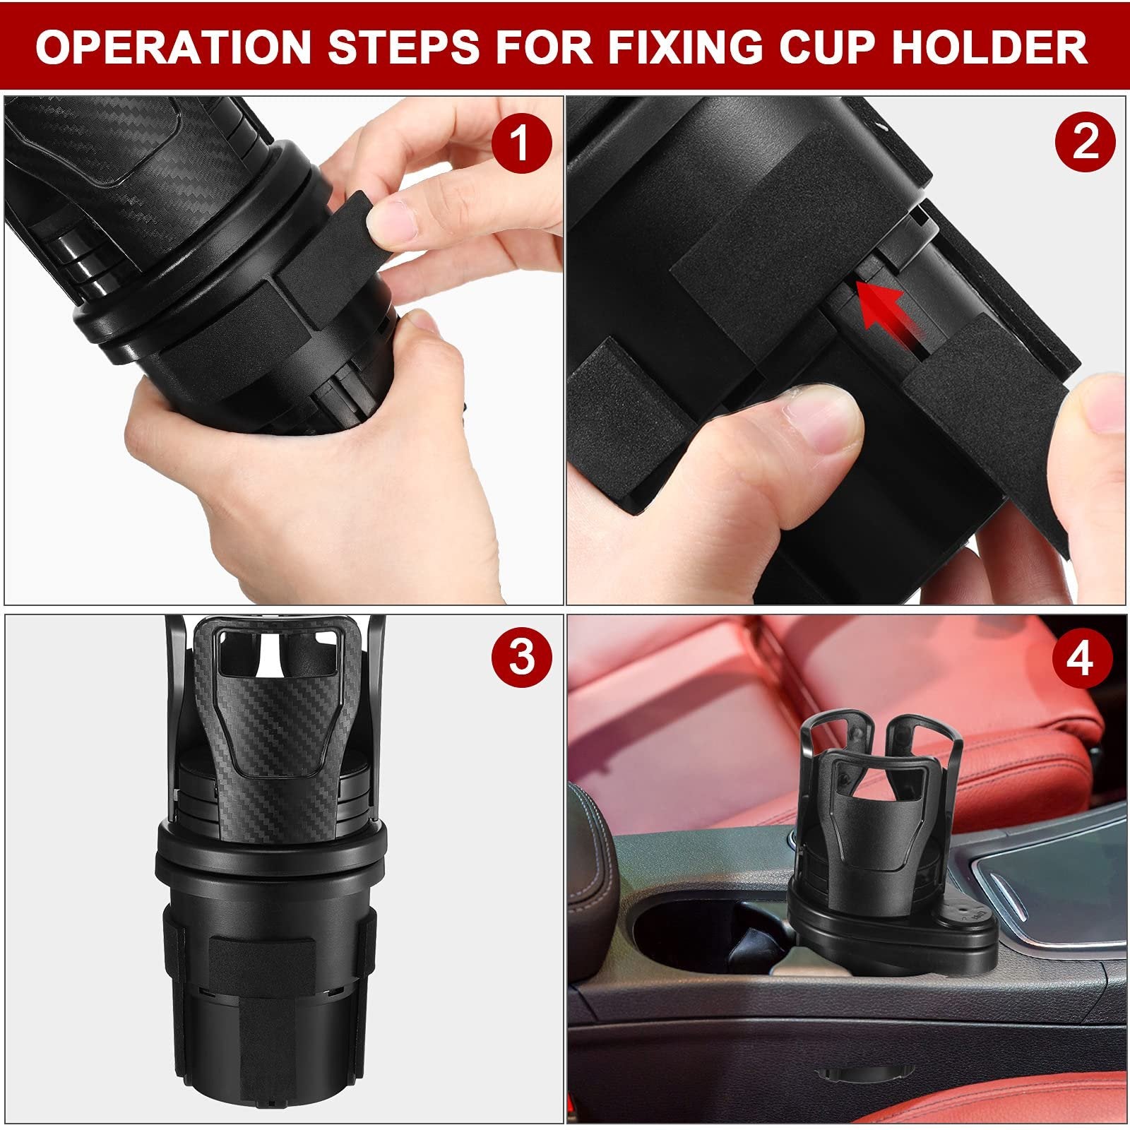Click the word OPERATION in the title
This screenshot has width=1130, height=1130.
(173, 47)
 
